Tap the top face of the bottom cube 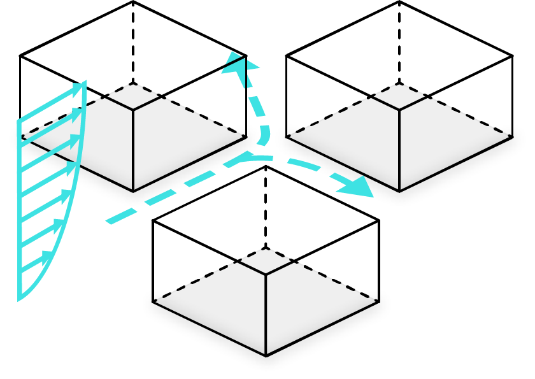click(266, 220)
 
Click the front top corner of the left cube click(133, 110)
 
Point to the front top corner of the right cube click(399, 110)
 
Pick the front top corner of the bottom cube click(266, 275)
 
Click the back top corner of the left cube click(133, 1)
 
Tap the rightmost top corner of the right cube click(513, 56)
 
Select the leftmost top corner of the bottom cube click(153, 221)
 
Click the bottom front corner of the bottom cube click(266, 354)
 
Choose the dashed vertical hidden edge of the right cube click(399, 41)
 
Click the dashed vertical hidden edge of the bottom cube click(266, 207)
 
